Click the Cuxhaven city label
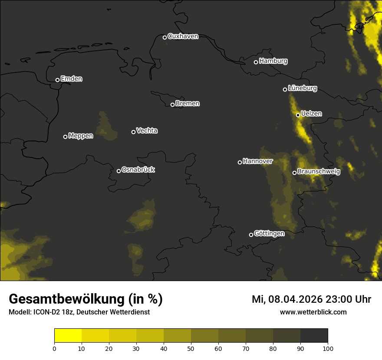pyautogui.click(x=183, y=36)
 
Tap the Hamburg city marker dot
pyautogui.click(x=256, y=62)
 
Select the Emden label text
pyautogui.click(x=71, y=79)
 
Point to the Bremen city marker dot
pyautogui.click(x=172, y=105)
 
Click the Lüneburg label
pyautogui.click(x=302, y=88)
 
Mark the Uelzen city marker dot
pyautogui.click(x=298, y=115)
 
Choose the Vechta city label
pyautogui.click(x=147, y=131)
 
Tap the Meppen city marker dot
pyautogui.click(x=65, y=137)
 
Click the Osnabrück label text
pyautogui.click(x=138, y=170)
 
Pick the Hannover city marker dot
pyautogui.click(x=240, y=162)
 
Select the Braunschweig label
pyautogui.click(x=319, y=171)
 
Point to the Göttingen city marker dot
pyautogui.click(x=251, y=235)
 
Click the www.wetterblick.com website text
pyautogui.click(x=313, y=312)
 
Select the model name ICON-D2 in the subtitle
pyautogui.click(x=46, y=312)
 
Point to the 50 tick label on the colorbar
pyautogui.click(x=191, y=348)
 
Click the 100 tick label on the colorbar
pyautogui.click(x=328, y=348)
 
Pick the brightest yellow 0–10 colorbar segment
pyautogui.click(x=68, y=336)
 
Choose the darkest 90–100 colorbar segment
pyautogui.click(x=314, y=336)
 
